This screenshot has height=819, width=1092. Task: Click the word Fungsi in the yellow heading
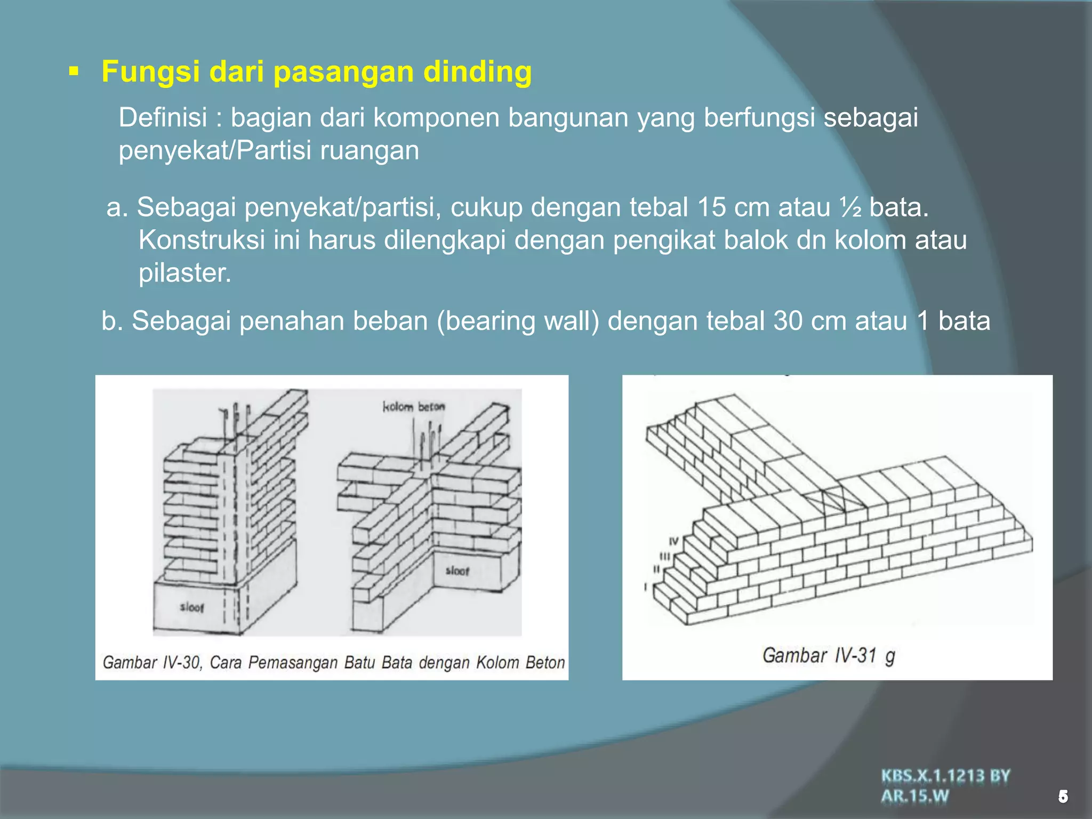click(151, 71)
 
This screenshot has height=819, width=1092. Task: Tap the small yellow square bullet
click(74, 70)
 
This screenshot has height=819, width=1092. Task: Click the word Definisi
click(163, 117)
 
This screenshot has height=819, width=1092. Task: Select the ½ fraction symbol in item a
click(850, 207)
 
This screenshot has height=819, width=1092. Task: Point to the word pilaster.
click(185, 273)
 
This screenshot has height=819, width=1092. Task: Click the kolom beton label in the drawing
click(413, 407)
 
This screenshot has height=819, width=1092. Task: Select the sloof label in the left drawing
click(191, 607)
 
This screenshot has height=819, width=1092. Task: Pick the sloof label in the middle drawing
click(457, 571)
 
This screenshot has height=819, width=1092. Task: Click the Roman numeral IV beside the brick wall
click(674, 542)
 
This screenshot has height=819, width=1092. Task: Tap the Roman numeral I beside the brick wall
click(646, 588)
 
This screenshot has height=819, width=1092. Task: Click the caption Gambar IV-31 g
click(828, 655)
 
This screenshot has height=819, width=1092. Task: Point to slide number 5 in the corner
click(1063, 797)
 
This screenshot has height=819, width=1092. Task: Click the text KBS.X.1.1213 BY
click(945, 776)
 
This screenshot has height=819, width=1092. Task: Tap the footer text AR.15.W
click(915, 796)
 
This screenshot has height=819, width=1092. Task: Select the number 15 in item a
click(711, 207)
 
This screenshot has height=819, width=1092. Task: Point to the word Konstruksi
click(202, 240)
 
